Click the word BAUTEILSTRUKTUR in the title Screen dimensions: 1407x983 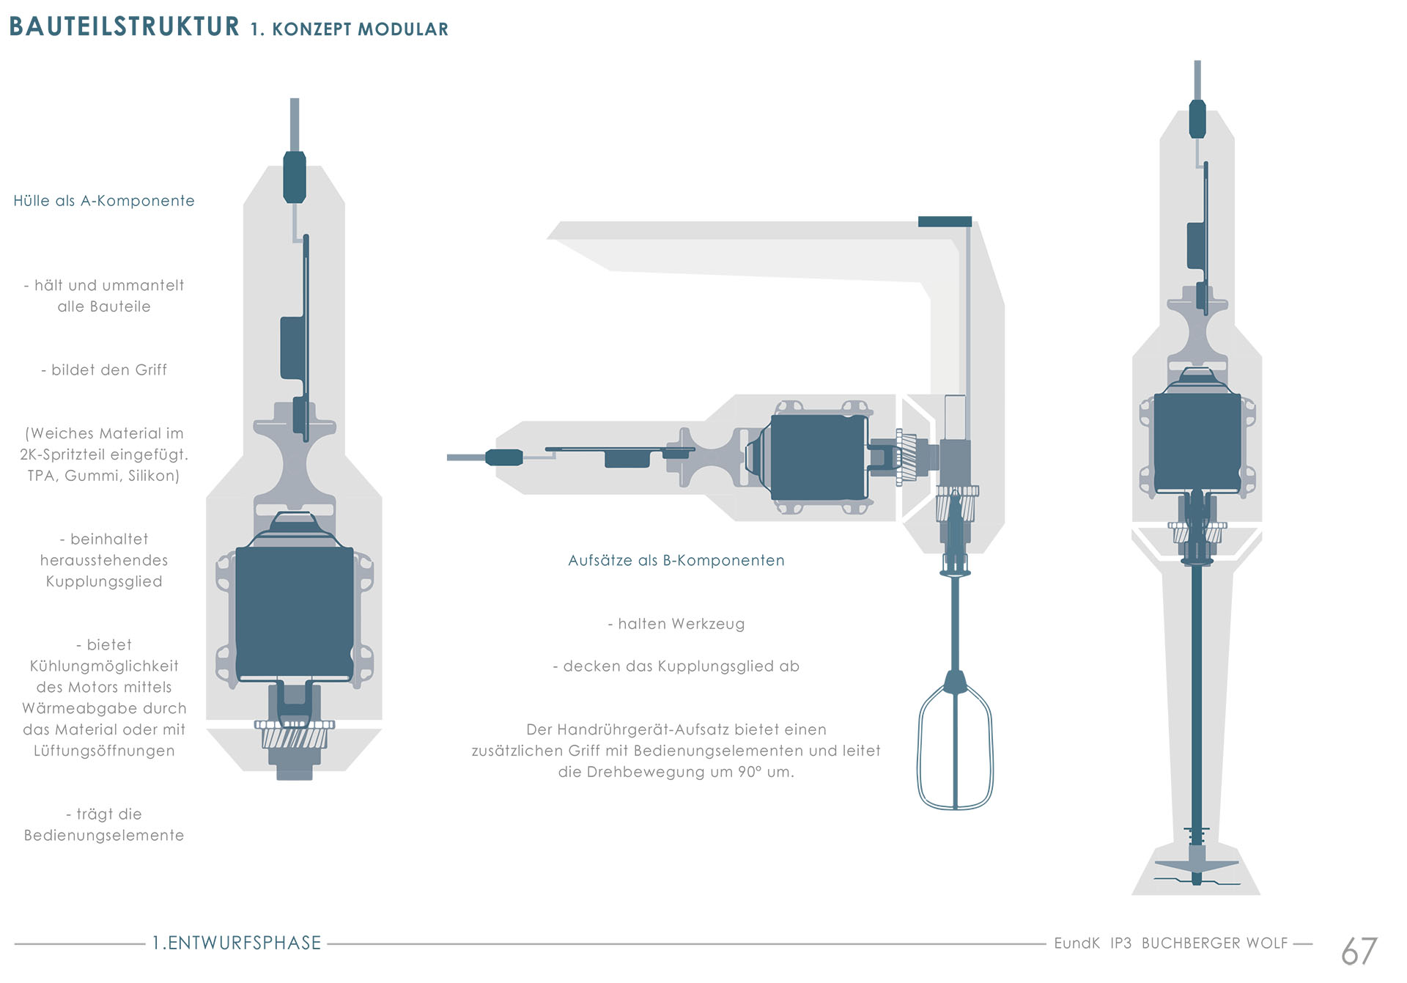pyautogui.click(x=124, y=26)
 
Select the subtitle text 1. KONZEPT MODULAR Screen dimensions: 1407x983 pyautogui.click(x=349, y=29)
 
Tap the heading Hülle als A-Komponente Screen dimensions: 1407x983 pyautogui.click(x=104, y=201)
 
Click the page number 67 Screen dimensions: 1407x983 pyautogui.click(x=1359, y=951)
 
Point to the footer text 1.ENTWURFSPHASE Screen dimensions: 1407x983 pyautogui.click(x=237, y=943)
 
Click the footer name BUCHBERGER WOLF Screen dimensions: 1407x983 pyautogui.click(x=1214, y=943)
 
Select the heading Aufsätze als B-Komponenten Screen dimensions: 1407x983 pyautogui.click(x=676, y=561)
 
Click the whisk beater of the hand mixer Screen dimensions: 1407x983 pyautogui.click(x=955, y=740)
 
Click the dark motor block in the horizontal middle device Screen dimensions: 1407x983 pyautogui.click(x=819, y=458)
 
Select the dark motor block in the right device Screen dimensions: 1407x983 pyautogui.click(x=1197, y=443)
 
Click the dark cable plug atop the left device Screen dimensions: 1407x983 pyautogui.click(x=295, y=177)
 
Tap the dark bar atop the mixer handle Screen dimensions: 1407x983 pyautogui.click(x=945, y=221)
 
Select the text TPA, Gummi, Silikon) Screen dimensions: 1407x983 pyautogui.click(x=104, y=476)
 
